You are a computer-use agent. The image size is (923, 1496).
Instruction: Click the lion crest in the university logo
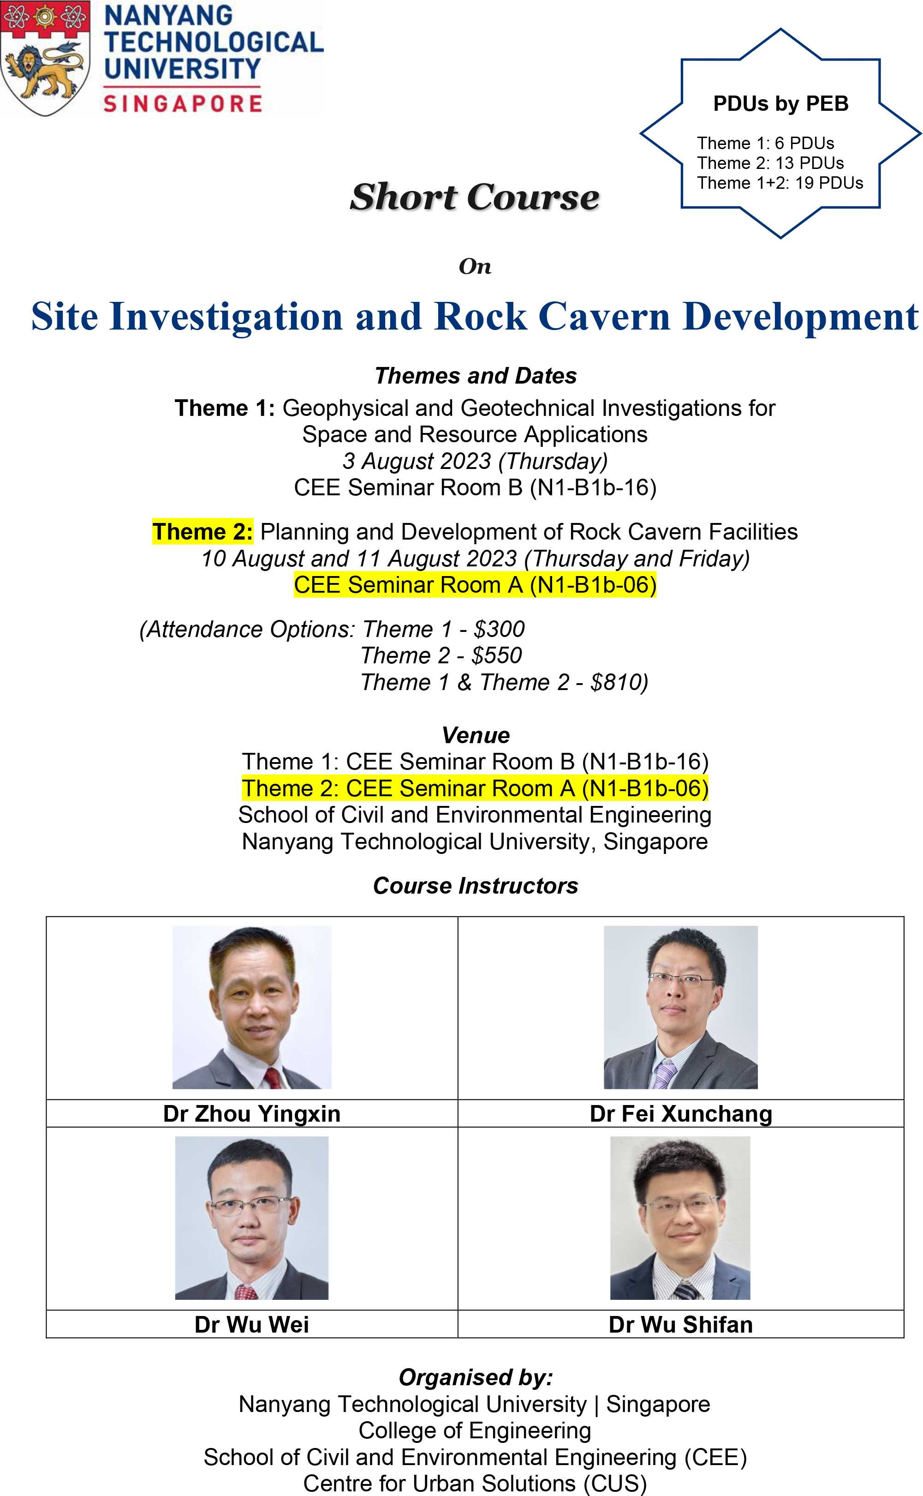coord(46,58)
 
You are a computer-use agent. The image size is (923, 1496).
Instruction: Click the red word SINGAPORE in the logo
coord(183,102)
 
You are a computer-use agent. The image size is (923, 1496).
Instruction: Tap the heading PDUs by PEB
coord(781,103)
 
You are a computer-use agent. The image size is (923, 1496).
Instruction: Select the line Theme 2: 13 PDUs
coord(770,163)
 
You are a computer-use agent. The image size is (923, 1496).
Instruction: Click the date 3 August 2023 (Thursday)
coord(475,461)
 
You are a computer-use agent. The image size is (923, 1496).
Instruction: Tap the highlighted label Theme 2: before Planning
coord(202,531)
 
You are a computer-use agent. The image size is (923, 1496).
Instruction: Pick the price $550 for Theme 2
coord(496,655)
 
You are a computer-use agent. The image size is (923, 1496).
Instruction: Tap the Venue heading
coord(476,735)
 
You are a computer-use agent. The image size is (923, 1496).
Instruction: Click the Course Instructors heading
coord(476,885)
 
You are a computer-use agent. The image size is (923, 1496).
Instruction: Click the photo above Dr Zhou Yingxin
coord(252,1007)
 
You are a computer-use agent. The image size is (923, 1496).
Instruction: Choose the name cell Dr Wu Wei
coord(251,1324)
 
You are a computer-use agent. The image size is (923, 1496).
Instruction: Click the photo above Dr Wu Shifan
coord(680,1218)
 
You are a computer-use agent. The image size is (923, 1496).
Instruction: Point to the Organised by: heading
coord(476,1377)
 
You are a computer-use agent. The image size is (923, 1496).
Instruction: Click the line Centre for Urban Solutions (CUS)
coord(475,1483)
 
